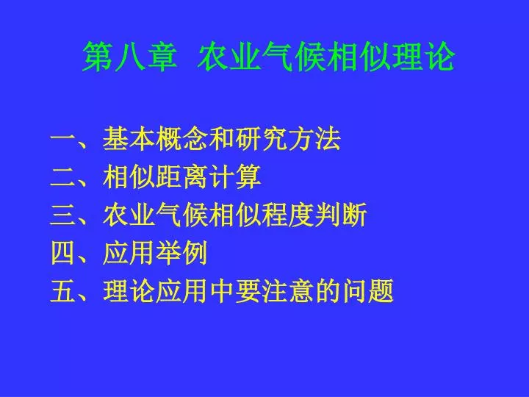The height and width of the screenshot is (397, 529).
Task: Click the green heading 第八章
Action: [x=130, y=57]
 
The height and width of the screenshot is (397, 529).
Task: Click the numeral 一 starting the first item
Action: [x=62, y=139]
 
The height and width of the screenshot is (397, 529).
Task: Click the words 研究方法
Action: [x=288, y=139]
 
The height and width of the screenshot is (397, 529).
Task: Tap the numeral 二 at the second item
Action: [x=62, y=177]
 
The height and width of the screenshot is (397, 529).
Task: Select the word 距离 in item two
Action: [x=181, y=176]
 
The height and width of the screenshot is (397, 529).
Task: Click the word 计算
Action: [x=235, y=176]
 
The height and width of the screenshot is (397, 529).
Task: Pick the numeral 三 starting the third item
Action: [x=62, y=215]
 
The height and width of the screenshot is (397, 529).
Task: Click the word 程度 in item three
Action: [x=288, y=215]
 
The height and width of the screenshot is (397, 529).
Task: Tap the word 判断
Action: [x=341, y=215]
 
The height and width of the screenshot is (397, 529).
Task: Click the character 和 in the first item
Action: [x=221, y=139]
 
